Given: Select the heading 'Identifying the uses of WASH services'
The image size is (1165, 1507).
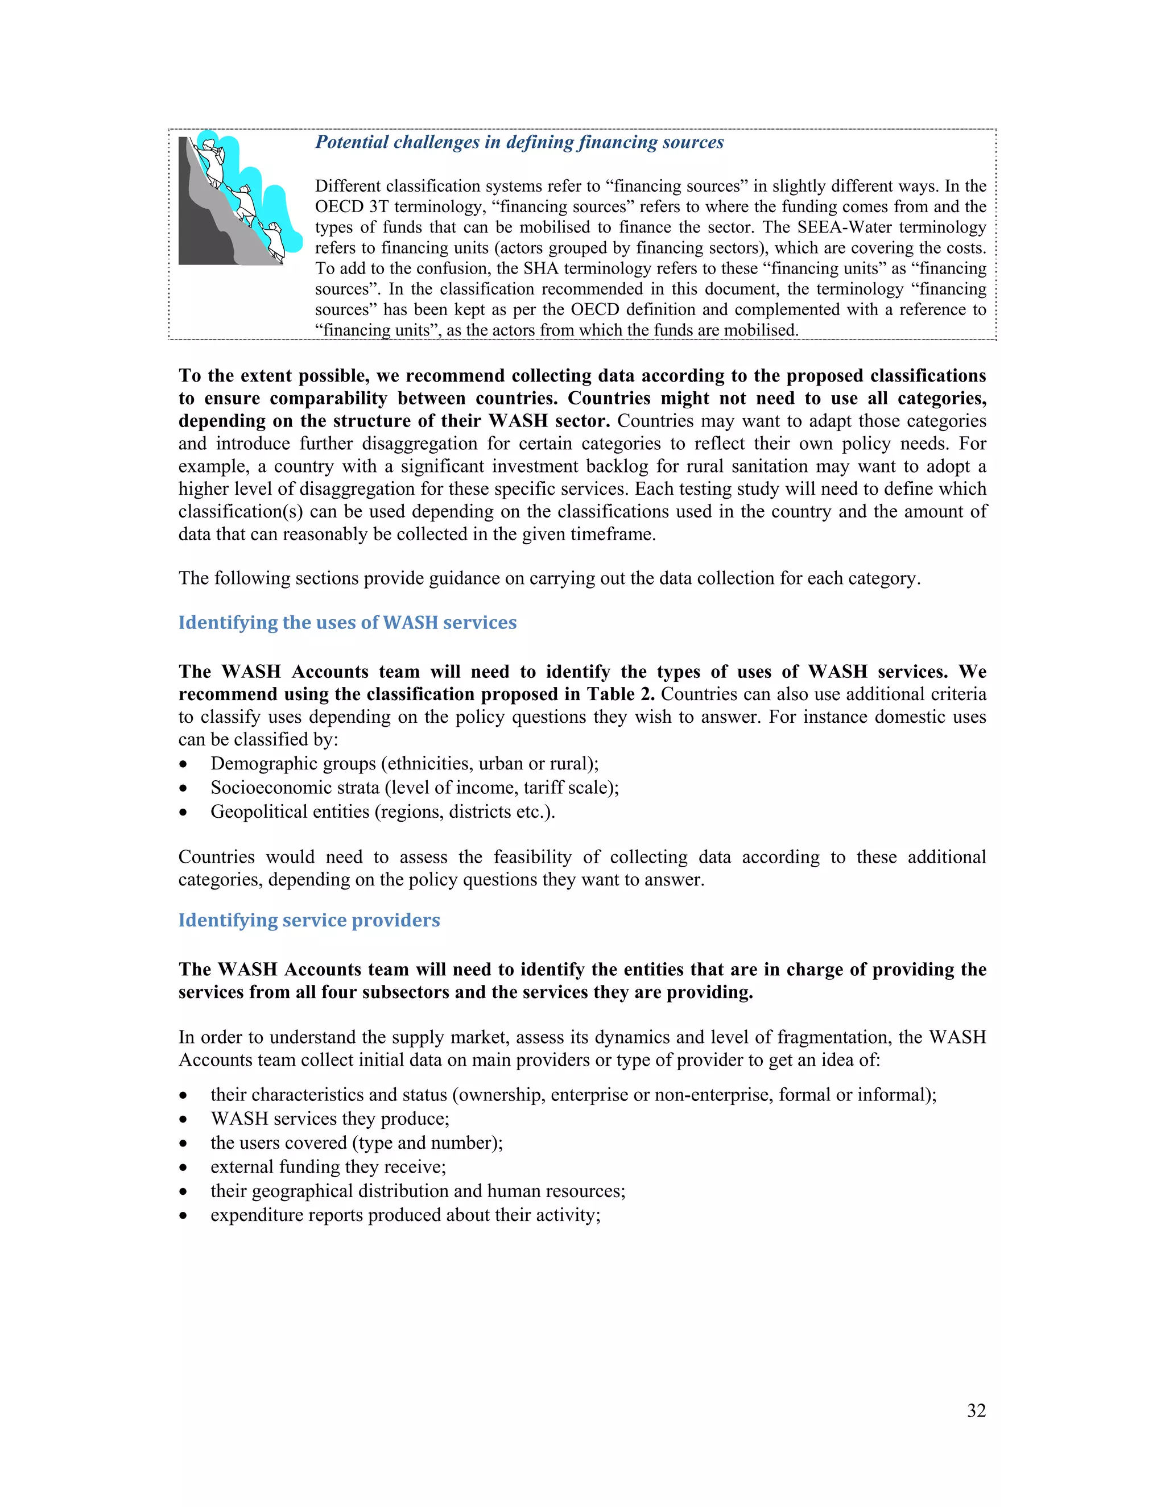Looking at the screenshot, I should [x=347, y=622].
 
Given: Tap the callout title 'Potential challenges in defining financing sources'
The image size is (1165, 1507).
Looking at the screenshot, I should [x=519, y=142].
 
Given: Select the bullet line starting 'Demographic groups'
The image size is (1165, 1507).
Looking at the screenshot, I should [x=404, y=764].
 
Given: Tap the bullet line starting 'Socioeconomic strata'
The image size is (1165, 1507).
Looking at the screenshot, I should [x=414, y=787].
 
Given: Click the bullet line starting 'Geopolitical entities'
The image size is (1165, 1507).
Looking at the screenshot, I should [x=382, y=812].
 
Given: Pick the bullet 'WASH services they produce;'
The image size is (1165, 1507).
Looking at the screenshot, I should [x=329, y=1119].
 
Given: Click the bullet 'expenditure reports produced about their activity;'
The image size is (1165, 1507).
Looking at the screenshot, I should [x=405, y=1215].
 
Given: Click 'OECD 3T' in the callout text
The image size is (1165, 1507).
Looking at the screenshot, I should [x=352, y=207].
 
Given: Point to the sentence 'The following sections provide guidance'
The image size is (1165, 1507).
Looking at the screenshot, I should [x=549, y=578].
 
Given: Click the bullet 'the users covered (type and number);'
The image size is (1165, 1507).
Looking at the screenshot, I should [x=356, y=1142].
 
